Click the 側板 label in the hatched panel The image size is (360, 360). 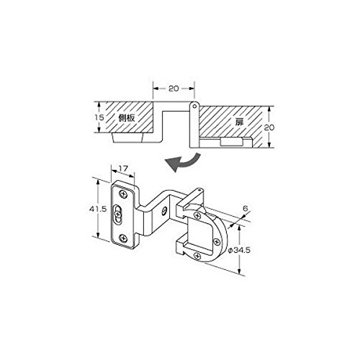click(127, 117)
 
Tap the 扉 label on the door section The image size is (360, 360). click(239, 122)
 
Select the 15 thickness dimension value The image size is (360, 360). click(99, 117)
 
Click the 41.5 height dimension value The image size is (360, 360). click(98, 209)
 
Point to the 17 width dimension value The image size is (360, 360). click(123, 168)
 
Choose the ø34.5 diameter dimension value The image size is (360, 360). click(239, 251)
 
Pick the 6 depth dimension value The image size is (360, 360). click(245, 208)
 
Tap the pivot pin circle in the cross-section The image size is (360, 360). click(195, 106)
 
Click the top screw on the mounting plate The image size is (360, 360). click(123, 194)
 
